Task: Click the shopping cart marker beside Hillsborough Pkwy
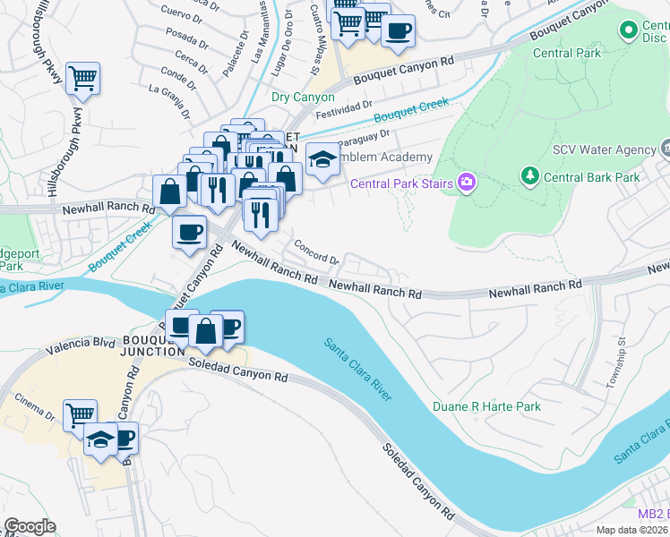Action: click(82, 79)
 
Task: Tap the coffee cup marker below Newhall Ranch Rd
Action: click(188, 233)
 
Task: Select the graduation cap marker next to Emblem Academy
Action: click(322, 160)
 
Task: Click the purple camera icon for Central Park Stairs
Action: click(466, 183)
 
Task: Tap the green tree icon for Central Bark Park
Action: click(529, 176)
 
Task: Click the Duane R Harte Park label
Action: click(486, 406)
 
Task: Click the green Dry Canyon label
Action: click(303, 98)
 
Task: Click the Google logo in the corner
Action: click(30, 526)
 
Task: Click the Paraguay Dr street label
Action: click(362, 137)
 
